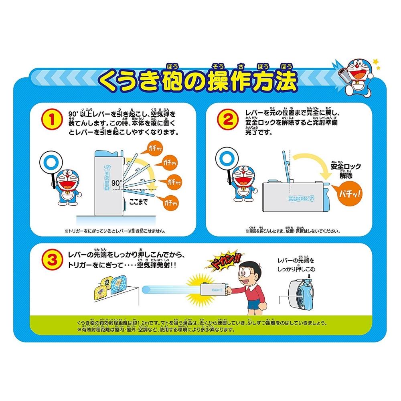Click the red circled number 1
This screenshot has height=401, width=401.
click(x=51, y=119)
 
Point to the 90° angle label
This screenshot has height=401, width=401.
click(x=116, y=183)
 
